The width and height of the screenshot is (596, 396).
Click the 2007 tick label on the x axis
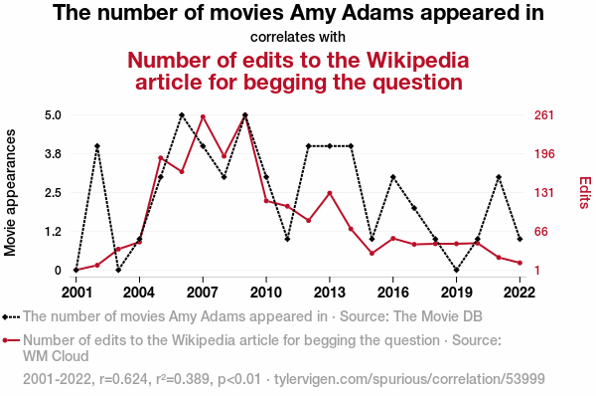[203, 293]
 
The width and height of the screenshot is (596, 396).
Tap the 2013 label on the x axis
[330, 293]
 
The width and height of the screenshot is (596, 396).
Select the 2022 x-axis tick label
[520, 293]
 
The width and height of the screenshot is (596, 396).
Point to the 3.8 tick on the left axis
[53, 154]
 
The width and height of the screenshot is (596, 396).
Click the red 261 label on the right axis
[544, 115]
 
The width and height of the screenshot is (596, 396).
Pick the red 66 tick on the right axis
[541, 232]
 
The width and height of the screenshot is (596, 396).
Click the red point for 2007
[203, 116]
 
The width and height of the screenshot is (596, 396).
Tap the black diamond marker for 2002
[97, 146]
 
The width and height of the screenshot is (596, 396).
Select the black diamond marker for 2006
[182, 115]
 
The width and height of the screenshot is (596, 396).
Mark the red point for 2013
[330, 193]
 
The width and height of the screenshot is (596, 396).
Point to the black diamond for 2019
[457, 270]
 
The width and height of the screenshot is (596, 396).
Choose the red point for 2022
[520, 263]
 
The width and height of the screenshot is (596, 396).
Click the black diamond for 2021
[499, 177]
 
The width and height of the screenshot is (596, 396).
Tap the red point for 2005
[160, 157]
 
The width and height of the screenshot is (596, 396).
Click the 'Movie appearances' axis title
[10, 193]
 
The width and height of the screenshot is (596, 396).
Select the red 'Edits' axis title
[585, 192]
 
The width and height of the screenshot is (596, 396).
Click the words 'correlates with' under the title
[298, 38]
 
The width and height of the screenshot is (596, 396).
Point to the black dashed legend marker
[11, 316]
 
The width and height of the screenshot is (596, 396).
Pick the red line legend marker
[11, 340]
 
